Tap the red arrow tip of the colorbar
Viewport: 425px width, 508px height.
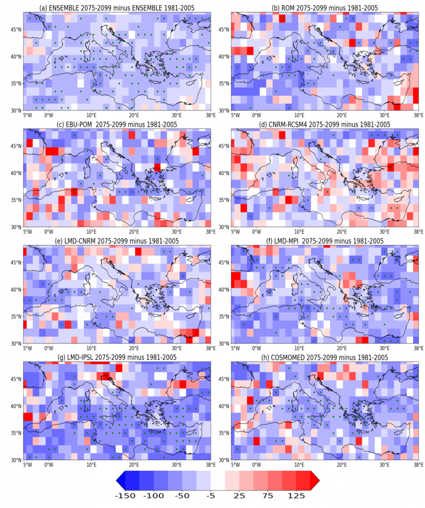314,482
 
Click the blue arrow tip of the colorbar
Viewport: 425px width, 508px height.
120,482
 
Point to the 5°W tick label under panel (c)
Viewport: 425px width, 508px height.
27,232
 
